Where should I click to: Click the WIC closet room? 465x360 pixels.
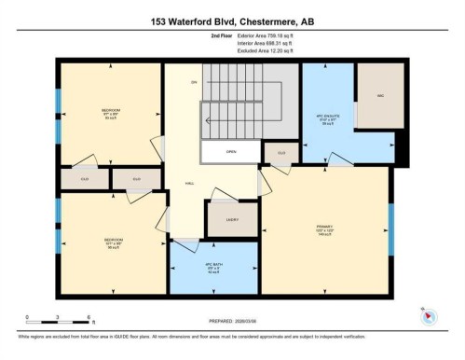click(379, 96)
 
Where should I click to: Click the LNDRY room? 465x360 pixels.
click(233, 220)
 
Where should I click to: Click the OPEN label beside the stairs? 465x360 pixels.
click(230, 151)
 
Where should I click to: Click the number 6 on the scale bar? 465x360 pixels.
click(87, 318)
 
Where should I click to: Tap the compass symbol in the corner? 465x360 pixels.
click(429, 315)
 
